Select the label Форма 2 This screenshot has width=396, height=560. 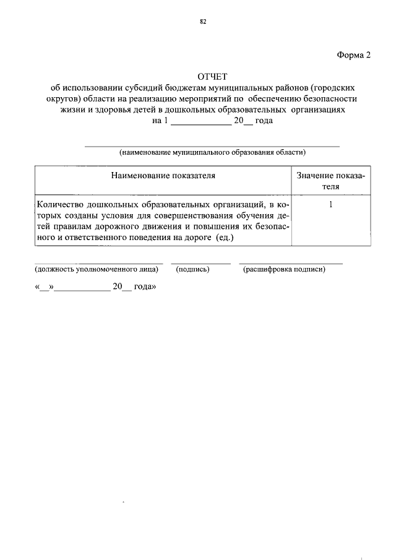(354, 54)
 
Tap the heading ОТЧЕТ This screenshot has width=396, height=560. (212, 77)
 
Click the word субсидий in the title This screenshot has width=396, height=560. (154, 88)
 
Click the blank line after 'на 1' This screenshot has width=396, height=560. (200, 122)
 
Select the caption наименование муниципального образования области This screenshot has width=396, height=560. (212, 151)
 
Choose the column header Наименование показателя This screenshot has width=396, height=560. (163, 175)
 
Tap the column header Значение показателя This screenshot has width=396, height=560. (330, 181)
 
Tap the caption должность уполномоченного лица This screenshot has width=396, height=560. (97, 269)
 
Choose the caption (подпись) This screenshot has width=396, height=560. (193, 269)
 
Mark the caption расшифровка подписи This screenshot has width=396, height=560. (284, 269)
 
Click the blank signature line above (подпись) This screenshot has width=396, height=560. (200, 262)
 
